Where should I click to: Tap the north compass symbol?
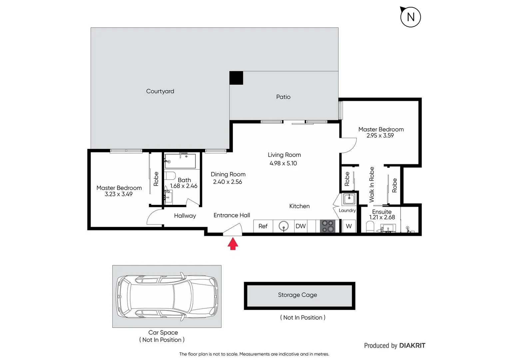pyautogui.click(x=410, y=17)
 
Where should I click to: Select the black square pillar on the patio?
pyautogui.click(x=236, y=78)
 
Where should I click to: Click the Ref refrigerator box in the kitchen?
pyautogui.click(x=263, y=226)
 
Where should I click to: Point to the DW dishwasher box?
pyautogui.click(x=300, y=226)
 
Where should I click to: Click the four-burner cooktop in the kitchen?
pyautogui.click(x=327, y=226)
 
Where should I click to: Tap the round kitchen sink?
pyautogui.click(x=283, y=226)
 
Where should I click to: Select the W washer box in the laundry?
pyautogui.click(x=349, y=226)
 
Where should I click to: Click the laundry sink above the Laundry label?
pyautogui.click(x=349, y=199)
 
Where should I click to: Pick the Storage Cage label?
pyautogui.click(x=297, y=295)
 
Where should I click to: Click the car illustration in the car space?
pyautogui.click(x=167, y=296)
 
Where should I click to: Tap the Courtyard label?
pyautogui.click(x=160, y=91)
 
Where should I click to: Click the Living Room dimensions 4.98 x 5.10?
pyautogui.click(x=283, y=163)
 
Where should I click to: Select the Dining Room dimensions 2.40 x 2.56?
pyautogui.click(x=228, y=182)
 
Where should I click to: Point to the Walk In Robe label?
pyautogui.click(x=372, y=185)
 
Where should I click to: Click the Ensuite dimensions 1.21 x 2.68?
pyautogui.click(x=382, y=217)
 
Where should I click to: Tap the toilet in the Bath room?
pyautogui.click(x=170, y=175)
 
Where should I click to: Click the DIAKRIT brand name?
pyautogui.click(x=412, y=346)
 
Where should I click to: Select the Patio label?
pyautogui.click(x=283, y=97)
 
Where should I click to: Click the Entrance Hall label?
pyautogui.click(x=232, y=215)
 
